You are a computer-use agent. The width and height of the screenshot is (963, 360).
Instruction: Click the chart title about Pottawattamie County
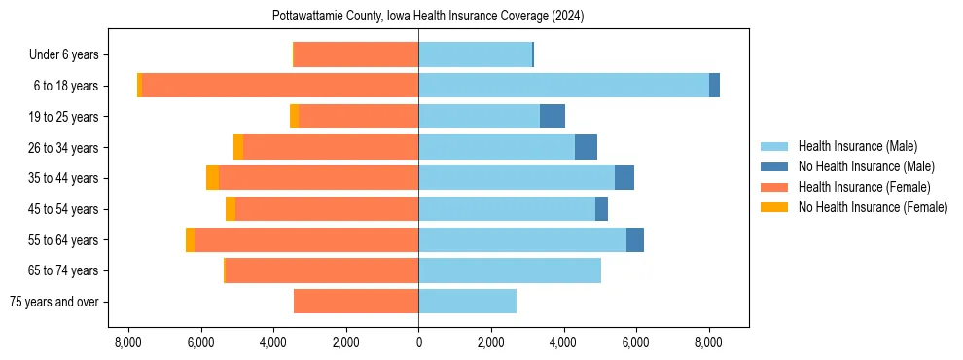point(418,17)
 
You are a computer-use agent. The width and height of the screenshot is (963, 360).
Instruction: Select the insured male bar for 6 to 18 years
point(563,86)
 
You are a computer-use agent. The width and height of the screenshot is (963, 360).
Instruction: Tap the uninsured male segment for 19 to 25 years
point(553,117)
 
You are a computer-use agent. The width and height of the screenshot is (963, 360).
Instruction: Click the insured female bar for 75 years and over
point(356,302)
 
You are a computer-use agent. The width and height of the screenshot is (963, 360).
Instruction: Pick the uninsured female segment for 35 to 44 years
point(212,178)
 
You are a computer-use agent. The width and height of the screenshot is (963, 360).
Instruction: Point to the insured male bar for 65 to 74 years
point(510,270)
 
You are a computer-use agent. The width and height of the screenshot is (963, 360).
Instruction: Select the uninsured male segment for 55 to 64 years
point(635,239)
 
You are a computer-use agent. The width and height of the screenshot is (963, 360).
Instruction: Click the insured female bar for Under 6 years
point(356,54)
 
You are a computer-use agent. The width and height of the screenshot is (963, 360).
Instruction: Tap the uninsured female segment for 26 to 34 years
point(238,147)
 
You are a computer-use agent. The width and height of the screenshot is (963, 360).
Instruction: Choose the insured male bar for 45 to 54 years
point(507,209)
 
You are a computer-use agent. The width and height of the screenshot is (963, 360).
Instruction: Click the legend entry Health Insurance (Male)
point(857,146)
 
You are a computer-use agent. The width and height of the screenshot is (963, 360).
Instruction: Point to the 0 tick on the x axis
point(418,342)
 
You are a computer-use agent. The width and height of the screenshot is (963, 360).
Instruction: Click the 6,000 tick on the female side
point(200,342)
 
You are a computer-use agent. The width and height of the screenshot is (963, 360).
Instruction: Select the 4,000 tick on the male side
point(563,342)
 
